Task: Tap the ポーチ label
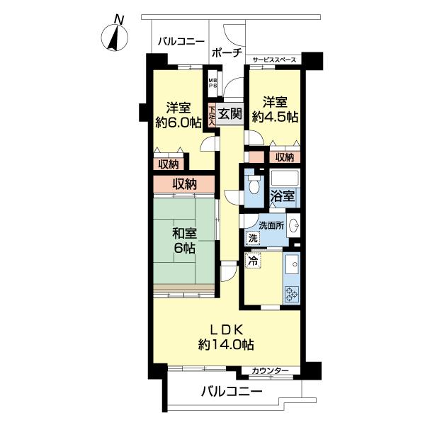[x=227, y=52]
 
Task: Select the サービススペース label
[x=274, y=60]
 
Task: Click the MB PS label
[x=212, y=83]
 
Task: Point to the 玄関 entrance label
[x=229, y=113]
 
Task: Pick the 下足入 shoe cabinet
[x=212, y=115]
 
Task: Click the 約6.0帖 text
[x=178, y=123]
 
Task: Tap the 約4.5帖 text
[x=275, y=117]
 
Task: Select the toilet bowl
[x=254, y=185]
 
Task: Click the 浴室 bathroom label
[x=282, y=195]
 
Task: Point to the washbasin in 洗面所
[x=294, y=225]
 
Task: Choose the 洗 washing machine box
[x=253, y=239]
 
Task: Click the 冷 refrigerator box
[x=253, y=261]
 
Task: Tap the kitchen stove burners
[x=292, y=295]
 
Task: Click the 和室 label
[x=185, y=234]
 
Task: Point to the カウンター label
[x=271, y=370]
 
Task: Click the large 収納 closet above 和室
[x=184, y=184]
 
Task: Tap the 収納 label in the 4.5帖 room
[x=285, y=157]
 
